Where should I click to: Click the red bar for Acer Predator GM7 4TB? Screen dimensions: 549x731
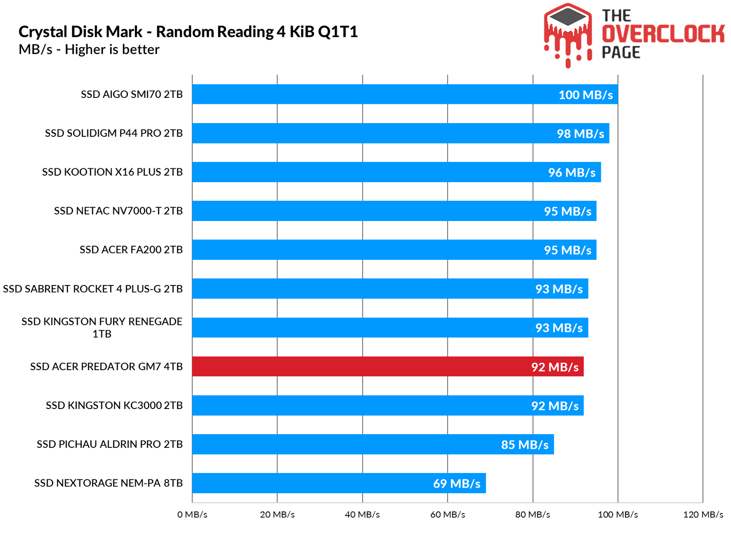click(387, 366)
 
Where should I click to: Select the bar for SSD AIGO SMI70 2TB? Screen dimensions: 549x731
click(405, 94)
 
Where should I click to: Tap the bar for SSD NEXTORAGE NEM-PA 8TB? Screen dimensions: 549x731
click(339, 483)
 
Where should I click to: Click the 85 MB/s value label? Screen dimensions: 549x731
click(524, 445)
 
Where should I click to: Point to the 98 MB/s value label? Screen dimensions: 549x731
click(580, 134)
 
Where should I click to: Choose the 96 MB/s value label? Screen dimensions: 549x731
click(572, 172)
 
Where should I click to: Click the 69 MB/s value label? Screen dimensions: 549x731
click(456, 484)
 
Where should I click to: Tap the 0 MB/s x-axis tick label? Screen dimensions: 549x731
click(192, 515)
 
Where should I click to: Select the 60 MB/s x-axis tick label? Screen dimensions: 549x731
click(448, 515)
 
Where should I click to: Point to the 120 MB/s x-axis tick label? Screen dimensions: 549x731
click(703, 515)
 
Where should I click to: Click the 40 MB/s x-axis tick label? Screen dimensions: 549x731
click(362, 515)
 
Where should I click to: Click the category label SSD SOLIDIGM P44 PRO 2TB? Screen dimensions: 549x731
click(114, 133)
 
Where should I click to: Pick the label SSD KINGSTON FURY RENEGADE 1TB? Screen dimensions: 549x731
click(102, 328)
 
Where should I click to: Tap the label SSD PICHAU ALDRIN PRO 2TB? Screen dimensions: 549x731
click(110, 444)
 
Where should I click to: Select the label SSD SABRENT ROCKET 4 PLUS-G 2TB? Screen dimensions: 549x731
click(93, 289)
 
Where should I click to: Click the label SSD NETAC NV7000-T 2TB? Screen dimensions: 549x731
click(118, 211)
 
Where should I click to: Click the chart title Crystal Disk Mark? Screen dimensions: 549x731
click(188, 32)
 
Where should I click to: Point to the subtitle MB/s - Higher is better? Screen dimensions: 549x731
click(89, 49)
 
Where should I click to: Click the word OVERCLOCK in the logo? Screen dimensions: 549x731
click(663, 34)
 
